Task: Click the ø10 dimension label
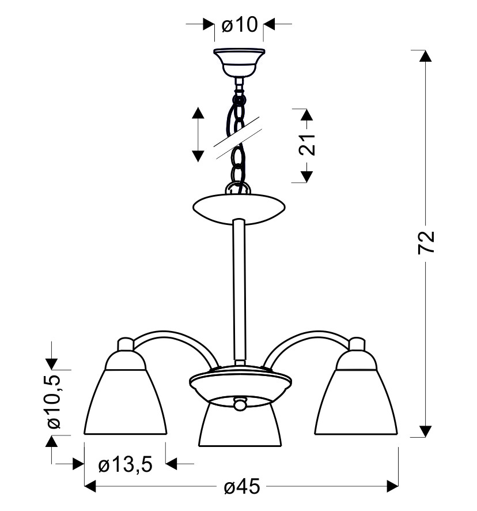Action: point(239,25)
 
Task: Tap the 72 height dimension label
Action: point(426,242)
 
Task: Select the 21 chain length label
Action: point(307,144)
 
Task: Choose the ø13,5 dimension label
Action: point(126,464)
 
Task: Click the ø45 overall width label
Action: point(242,487)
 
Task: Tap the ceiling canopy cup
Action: point(239,63)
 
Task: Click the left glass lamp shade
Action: point(126,402)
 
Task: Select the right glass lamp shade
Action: point(356,402)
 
